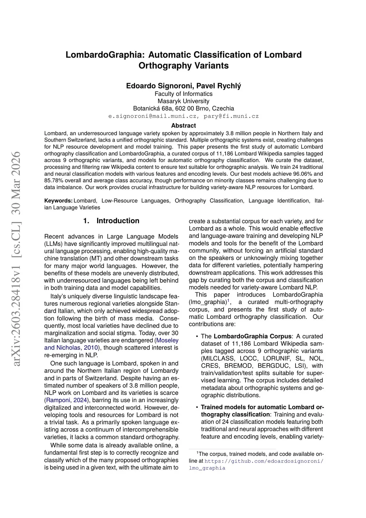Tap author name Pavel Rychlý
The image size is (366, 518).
tap(219, 86)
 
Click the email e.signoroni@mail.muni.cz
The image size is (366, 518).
tap(152, 116)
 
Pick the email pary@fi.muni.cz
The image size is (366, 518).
tap(231, 116)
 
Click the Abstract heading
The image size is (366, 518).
tap(183, 126)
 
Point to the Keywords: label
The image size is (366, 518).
tap(58, 201)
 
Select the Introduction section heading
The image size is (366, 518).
tap(118, 221)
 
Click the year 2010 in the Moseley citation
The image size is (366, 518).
tap(91, 348)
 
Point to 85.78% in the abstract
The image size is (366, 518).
tap(54, 180)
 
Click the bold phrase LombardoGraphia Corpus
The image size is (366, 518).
tap(252, 336)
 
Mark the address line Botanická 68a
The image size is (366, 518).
tap(183, 108)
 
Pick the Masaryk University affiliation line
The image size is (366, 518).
tap(183, 101)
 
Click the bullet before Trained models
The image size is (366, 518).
tap(197, 407)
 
